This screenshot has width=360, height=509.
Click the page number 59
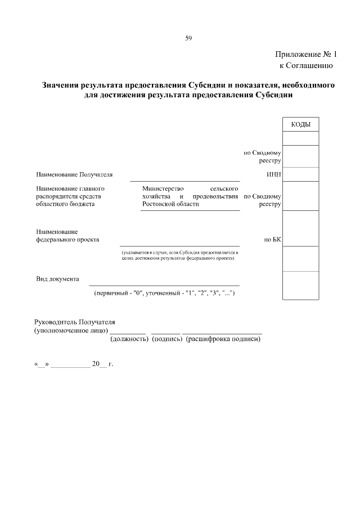188,38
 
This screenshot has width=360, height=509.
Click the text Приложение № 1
305,55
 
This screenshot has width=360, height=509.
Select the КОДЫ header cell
300,124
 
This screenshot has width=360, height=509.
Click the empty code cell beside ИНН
300,174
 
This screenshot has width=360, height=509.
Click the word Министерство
163,188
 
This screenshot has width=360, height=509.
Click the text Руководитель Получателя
74,322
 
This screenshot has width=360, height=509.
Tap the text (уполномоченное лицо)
71,331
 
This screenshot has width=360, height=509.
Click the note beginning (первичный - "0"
168,294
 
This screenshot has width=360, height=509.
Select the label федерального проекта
67,240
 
